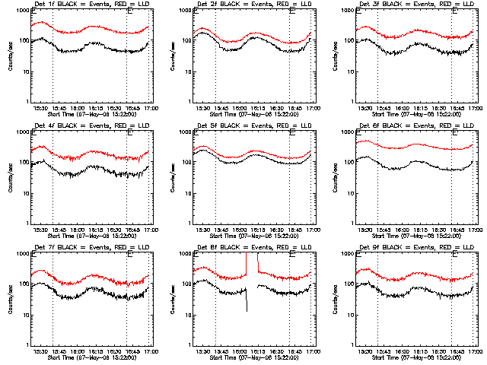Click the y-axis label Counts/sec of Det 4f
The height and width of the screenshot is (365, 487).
pyautogui.click(x=10, y=177)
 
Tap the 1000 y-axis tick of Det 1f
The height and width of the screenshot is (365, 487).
pyautogui.click(x=24, y=11)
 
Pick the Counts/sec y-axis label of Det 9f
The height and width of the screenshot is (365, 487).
pyautogui.click(x=334, y=299)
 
